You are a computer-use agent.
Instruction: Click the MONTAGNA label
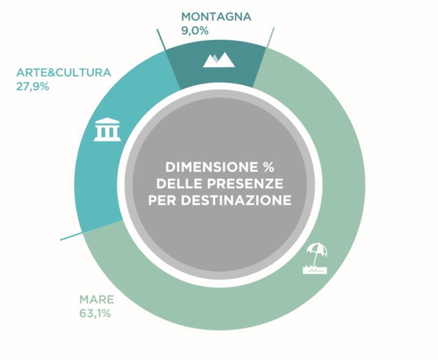coord(216,17)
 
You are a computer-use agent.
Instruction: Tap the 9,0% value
coord(195,31)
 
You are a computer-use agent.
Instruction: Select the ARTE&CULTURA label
coord(63,72)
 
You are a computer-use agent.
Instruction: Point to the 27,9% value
coord(32,86)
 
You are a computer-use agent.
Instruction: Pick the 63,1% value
coord(95,313)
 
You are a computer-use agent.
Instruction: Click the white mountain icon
coord(219,59)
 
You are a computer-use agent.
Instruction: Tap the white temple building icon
coord(107,129)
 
